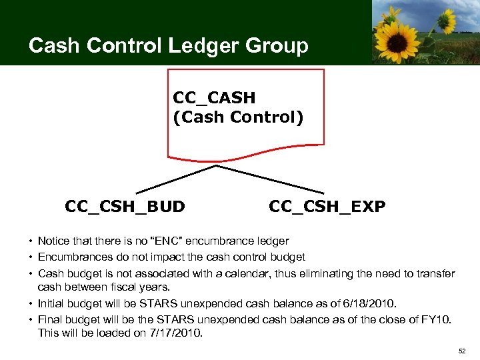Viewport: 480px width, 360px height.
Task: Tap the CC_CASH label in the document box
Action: click(213, 97)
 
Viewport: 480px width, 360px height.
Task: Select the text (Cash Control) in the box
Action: click(237, 117)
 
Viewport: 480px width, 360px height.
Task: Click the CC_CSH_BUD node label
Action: click(125, 207)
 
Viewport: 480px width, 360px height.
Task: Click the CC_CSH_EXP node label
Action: click(327, 207)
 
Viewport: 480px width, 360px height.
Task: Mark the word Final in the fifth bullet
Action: click(49, 319)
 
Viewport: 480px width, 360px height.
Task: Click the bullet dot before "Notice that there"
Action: click(31, 241)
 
